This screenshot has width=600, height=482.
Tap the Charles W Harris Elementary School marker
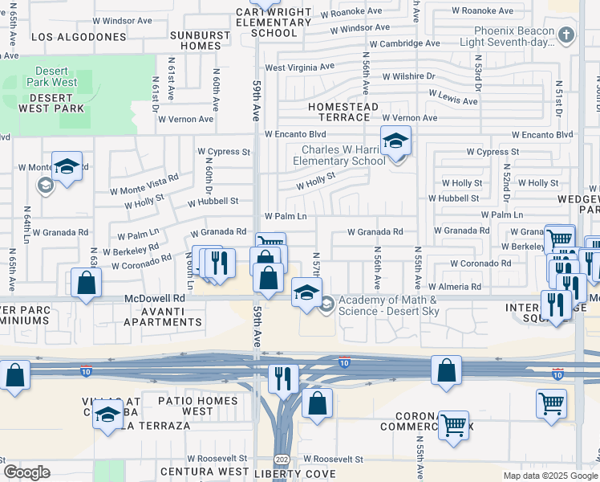(395, 142)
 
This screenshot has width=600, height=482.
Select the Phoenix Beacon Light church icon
(567, 35)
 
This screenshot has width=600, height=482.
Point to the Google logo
(26, 472)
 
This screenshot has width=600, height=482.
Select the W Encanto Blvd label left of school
(295, 134)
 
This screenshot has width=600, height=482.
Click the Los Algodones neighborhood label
(79, 37)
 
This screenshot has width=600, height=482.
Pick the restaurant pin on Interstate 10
(282, 378)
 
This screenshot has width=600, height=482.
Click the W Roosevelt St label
(328, 460)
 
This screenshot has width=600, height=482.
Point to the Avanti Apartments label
(164, 317)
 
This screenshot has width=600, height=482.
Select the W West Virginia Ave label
(299, 68)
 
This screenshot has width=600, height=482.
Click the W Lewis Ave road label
(452, 100)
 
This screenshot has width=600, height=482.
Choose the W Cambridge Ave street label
(404, 43)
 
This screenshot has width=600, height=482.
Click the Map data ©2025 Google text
(550, 476)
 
